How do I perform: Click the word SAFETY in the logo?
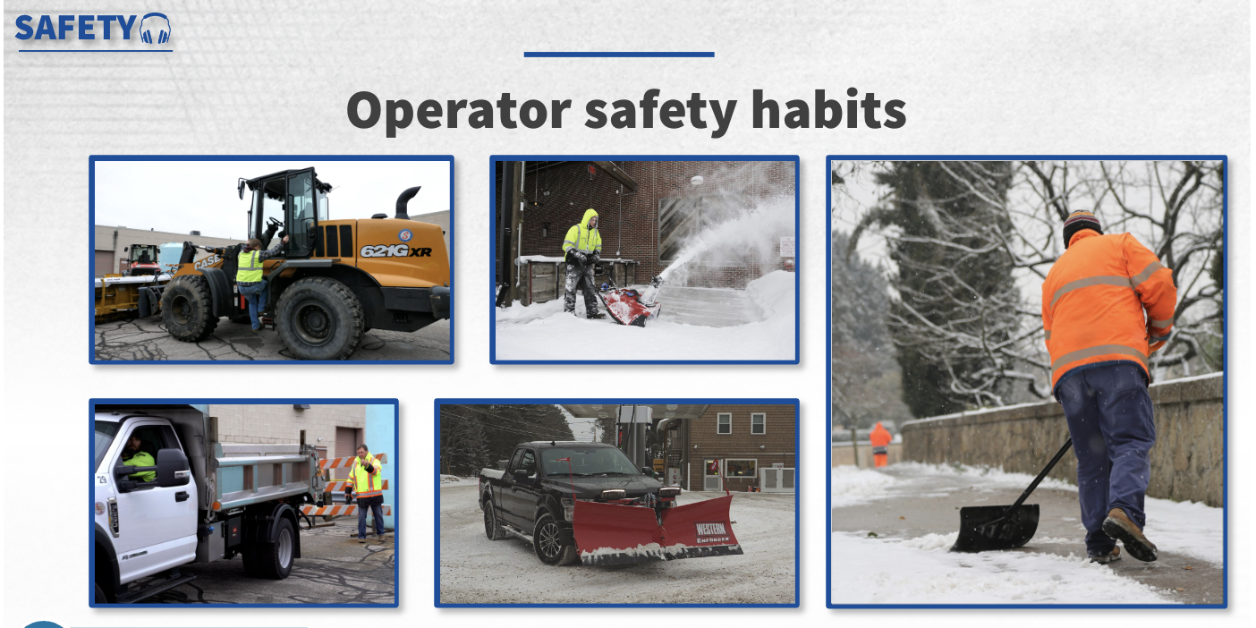pos(75,28)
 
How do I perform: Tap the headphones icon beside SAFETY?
pos(155,28)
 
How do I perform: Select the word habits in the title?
pos(828,108)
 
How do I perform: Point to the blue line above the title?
pos(619,55)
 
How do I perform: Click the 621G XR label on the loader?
pos(396,250)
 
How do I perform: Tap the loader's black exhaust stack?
pos(407,202)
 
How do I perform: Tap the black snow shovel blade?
pos(995,527)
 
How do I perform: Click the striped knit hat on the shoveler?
pos(1081,225)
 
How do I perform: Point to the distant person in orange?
pos(879,444)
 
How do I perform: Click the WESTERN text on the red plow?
pos(711,528)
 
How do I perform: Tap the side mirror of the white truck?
pos(173,468)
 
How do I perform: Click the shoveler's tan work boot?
pos(1129,533)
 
